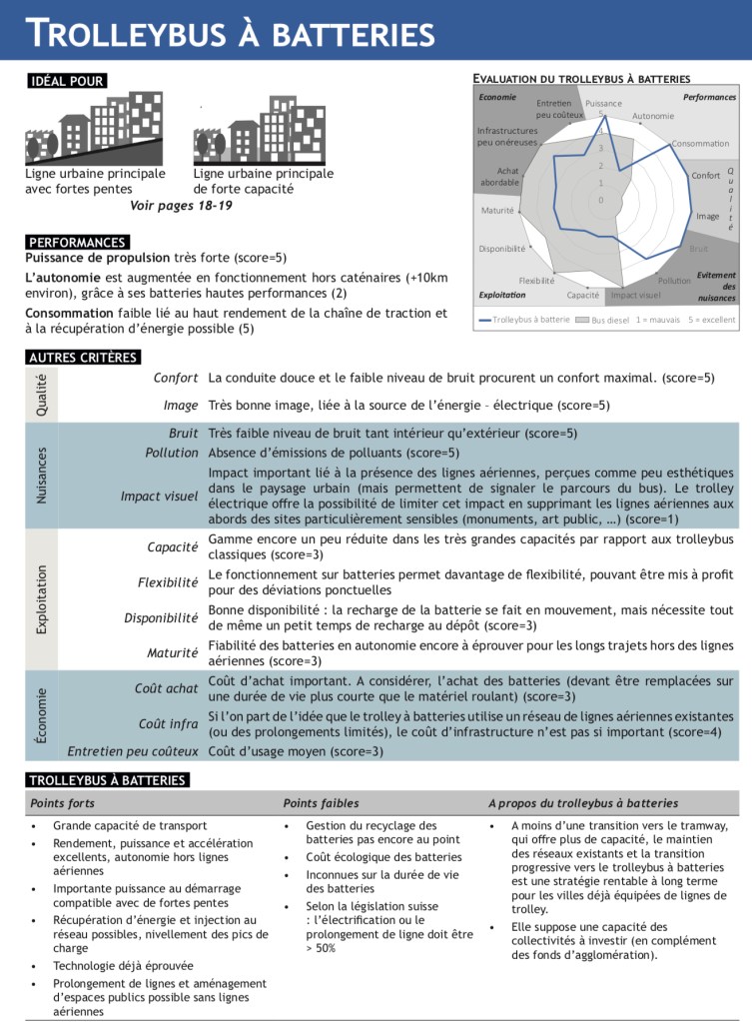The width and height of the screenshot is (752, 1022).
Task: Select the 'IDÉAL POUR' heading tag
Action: (67, 81)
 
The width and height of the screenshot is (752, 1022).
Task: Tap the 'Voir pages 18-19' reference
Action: (181, 206)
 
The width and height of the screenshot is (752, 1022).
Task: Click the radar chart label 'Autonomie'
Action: (653, 116)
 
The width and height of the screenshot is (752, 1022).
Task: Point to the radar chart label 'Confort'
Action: (706, 176)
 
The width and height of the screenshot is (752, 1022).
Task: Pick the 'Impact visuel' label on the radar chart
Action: (635, 296)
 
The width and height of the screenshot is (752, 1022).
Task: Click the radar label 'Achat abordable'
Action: (499, 177)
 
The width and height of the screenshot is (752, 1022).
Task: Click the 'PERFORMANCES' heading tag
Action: (78, 242)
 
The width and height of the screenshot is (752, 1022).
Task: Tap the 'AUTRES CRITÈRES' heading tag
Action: (83, 357)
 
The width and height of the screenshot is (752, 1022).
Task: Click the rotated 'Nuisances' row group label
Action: (42, 475)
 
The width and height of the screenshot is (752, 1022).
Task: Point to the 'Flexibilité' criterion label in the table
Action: (168, 582)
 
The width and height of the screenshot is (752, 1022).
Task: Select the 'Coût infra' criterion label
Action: (168, 723)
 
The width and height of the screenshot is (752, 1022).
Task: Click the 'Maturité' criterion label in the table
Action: (172, 653)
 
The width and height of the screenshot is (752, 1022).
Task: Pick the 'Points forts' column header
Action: (62, 803)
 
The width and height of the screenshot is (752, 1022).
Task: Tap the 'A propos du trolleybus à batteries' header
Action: (583, 803)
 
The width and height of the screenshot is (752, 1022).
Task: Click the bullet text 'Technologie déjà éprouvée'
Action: (123, 966)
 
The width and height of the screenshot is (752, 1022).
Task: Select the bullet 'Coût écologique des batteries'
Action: (383, 857)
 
